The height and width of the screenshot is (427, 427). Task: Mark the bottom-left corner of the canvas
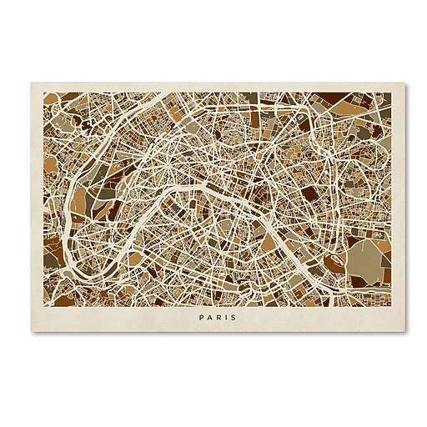tap(33, 331)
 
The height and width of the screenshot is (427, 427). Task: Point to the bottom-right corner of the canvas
tap(394, 331)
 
